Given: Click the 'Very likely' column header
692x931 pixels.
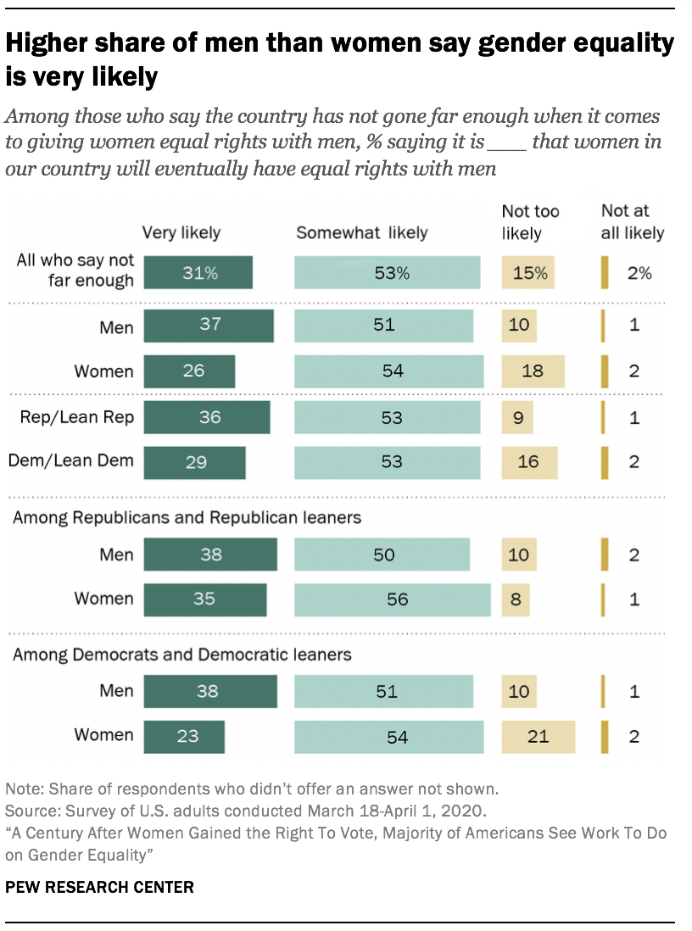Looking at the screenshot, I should tap(181, 232).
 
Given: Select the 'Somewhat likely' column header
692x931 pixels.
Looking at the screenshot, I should tap(362, 232).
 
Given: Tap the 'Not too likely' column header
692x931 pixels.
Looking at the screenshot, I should tap(531, 221).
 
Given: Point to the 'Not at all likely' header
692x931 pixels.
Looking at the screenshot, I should tap(633, 221).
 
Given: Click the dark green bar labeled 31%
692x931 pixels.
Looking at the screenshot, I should tap(198, 273).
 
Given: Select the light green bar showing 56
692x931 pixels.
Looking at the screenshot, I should tap(393, 599).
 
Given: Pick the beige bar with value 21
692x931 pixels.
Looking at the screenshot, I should tap(538, 736).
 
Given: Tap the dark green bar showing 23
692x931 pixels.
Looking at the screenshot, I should tap(184, 736).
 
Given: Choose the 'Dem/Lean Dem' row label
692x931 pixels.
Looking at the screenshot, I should tap(71, 461).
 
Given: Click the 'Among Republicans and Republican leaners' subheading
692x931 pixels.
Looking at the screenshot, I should tap(187, 517).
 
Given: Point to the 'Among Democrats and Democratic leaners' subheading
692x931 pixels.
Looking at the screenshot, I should tap(182, 655).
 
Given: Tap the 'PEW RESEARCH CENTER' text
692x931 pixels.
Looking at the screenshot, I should tap(100, 888).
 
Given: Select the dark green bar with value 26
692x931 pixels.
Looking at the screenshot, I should tap(189, 371).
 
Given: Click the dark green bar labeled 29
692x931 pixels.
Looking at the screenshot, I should tap(194, 462).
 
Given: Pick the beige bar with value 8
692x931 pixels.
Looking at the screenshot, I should tap(516, 599).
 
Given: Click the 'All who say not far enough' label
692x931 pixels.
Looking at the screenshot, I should tap(75, 270).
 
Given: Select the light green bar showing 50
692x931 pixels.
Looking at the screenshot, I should tap(382, 555).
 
